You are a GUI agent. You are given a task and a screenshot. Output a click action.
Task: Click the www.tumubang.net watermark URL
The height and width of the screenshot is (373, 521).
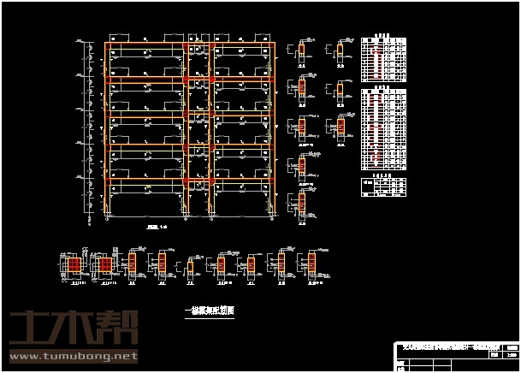(x=73, y=354)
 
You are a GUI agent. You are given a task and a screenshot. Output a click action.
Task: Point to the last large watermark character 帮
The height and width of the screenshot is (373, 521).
(x=117, y=329)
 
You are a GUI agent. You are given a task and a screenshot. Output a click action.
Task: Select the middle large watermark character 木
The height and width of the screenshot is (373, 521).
(x=73, y=329)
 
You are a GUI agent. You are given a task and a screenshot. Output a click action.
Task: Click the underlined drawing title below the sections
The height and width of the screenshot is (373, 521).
(x=210, y=311)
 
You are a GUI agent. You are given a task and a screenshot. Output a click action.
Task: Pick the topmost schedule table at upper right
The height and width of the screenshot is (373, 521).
(x=382, y=58)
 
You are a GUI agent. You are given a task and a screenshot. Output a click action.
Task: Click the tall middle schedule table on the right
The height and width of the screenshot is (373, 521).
(x=382, y=128)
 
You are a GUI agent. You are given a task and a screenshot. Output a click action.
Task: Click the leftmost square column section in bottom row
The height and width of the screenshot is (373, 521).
(x=74, y=265)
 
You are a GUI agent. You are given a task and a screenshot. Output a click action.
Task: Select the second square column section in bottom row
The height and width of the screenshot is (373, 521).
(x=105, y=265)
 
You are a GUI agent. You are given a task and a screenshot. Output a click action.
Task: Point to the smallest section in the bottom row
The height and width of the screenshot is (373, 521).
(x=191, y=267)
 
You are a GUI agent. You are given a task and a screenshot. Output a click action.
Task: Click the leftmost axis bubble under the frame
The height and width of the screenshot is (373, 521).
(x=106, y=219)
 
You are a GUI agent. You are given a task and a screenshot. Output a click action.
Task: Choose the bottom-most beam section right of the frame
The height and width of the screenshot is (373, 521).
(x=302, y=204)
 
